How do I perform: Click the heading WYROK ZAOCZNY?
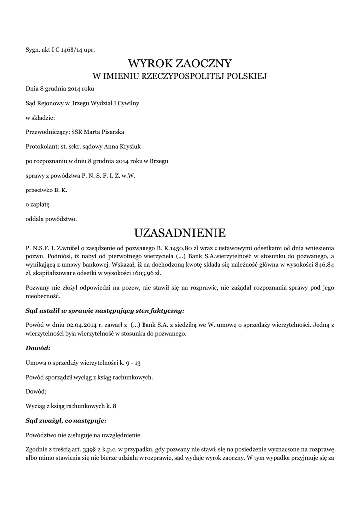point(180,63)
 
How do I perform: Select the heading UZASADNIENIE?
point(180,233)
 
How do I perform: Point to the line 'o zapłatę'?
point(38,204)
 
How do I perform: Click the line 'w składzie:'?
point(41,118)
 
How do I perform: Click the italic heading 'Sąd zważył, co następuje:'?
point(66,421)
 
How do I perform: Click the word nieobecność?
point(43,296)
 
